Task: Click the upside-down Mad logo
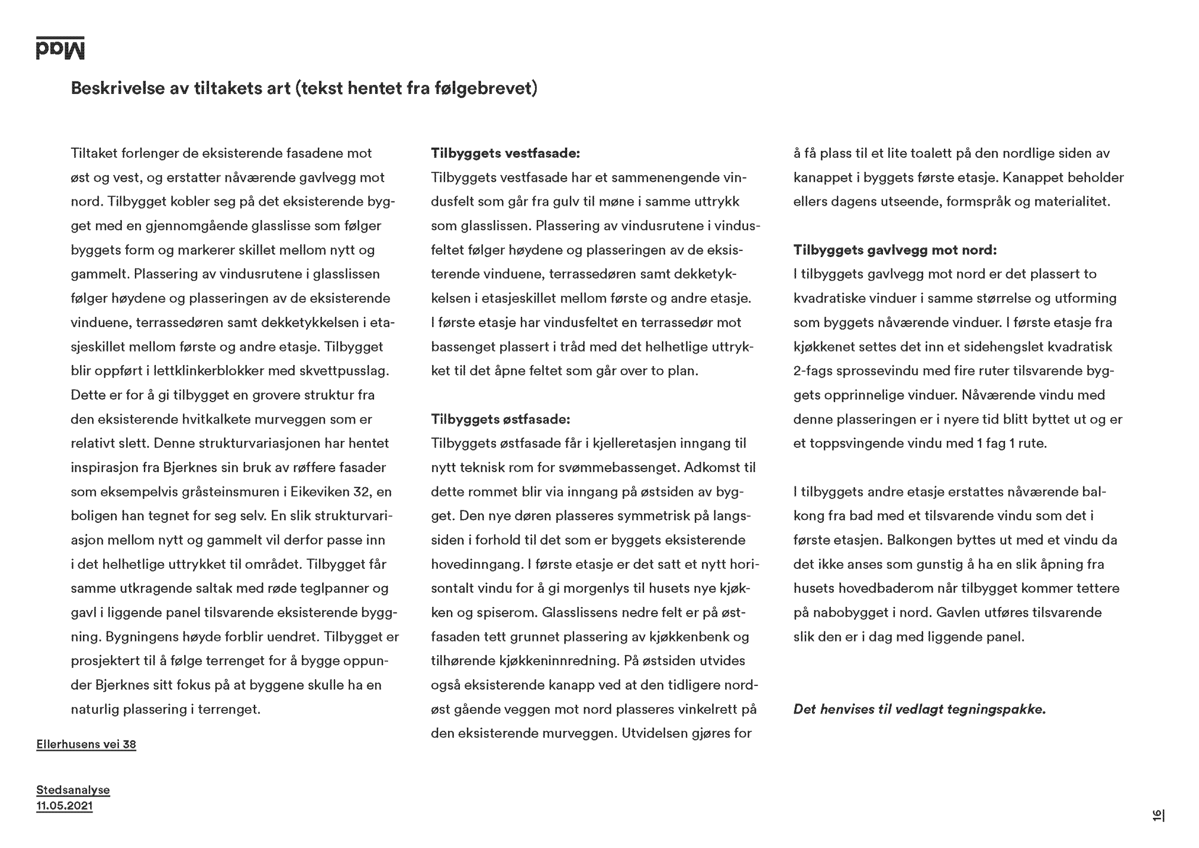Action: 60,48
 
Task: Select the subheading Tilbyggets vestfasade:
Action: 505,153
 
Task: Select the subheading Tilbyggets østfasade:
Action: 500,419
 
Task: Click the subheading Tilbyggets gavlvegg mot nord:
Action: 894,249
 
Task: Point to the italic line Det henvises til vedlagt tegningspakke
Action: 919,708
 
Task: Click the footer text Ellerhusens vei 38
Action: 86,744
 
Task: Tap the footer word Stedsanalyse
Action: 73,789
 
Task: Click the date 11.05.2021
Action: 64,805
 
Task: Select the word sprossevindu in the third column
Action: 882,371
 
